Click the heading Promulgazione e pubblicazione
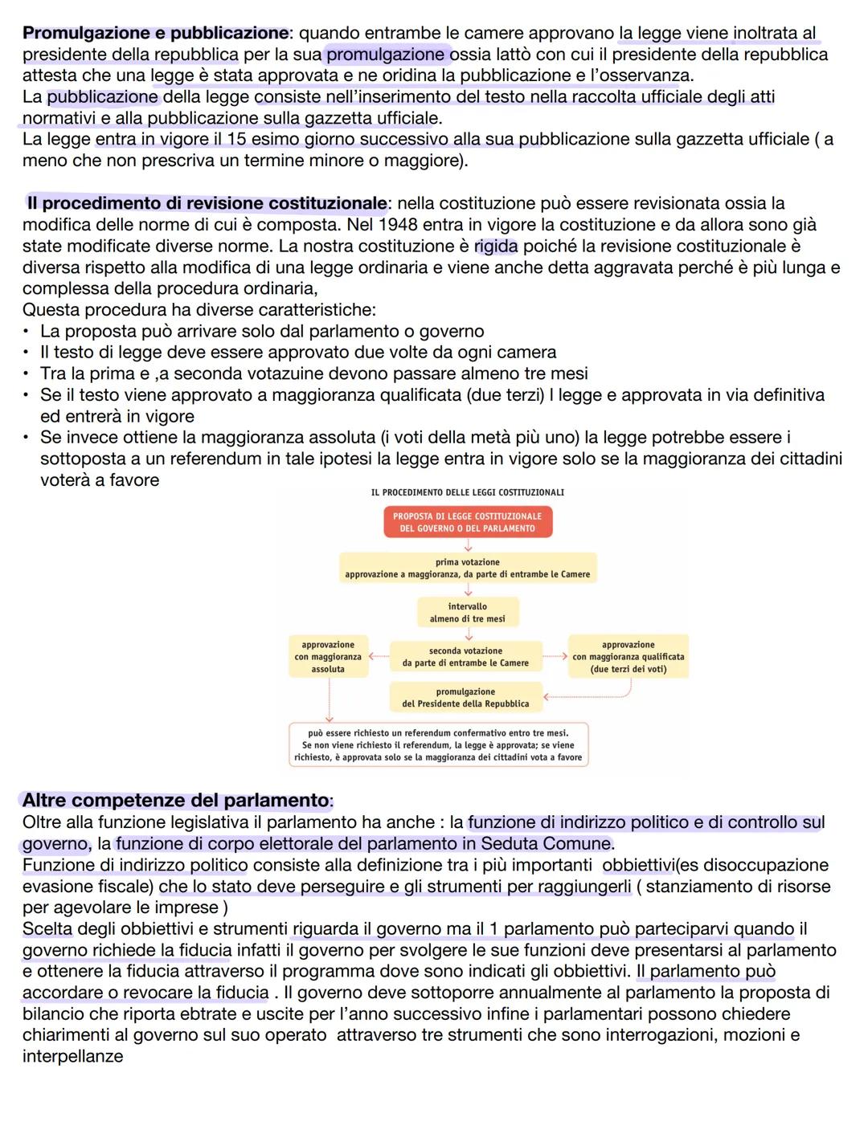coord(155,34)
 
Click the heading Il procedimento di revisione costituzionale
coord(207,203)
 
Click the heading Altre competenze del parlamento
coord(176,801)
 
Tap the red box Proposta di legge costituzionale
coord(468,522)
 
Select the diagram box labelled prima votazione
coord(468,569)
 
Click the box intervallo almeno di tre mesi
coord(468,613)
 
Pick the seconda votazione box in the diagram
coord(466,657)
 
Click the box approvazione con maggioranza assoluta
coord(328,657)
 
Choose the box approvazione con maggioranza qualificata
coord(628,657)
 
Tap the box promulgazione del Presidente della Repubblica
coord(466,698)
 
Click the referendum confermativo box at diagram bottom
coord(438,745)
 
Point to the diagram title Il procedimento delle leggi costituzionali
coord(468,492)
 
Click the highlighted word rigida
coord(496,246)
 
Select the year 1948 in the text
coord(399,225)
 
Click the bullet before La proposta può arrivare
coord(28,332)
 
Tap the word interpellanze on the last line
coord(73,1056)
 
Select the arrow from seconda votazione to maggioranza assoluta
coord(378,657)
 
